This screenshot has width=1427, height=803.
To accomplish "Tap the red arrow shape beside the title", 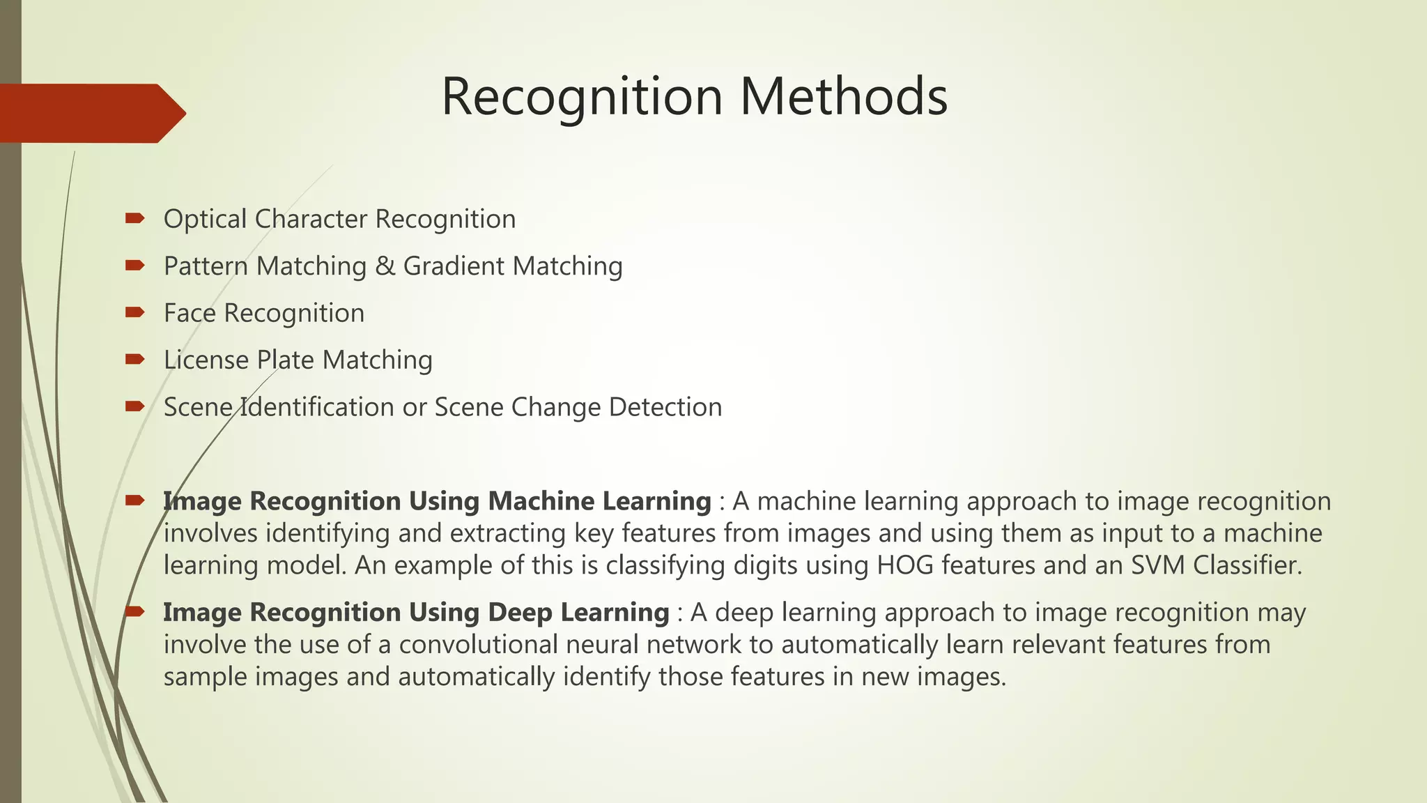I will click(91, 113).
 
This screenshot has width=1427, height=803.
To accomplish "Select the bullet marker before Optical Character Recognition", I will click(134, 219).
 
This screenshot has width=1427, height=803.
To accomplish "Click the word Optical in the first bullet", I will click(205, 219).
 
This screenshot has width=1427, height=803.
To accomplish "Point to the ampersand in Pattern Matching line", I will click(385, 266).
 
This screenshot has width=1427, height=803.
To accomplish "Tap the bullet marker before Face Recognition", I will click(134, 312).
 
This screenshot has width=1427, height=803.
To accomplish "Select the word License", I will click(206, 360).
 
